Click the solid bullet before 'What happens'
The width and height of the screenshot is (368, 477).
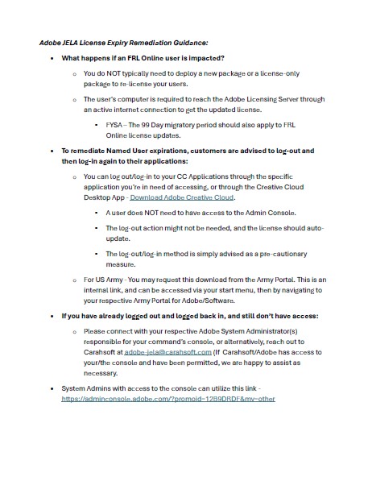click(x=52, y=60)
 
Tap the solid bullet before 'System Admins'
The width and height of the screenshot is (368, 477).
click(x=52, y=388)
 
